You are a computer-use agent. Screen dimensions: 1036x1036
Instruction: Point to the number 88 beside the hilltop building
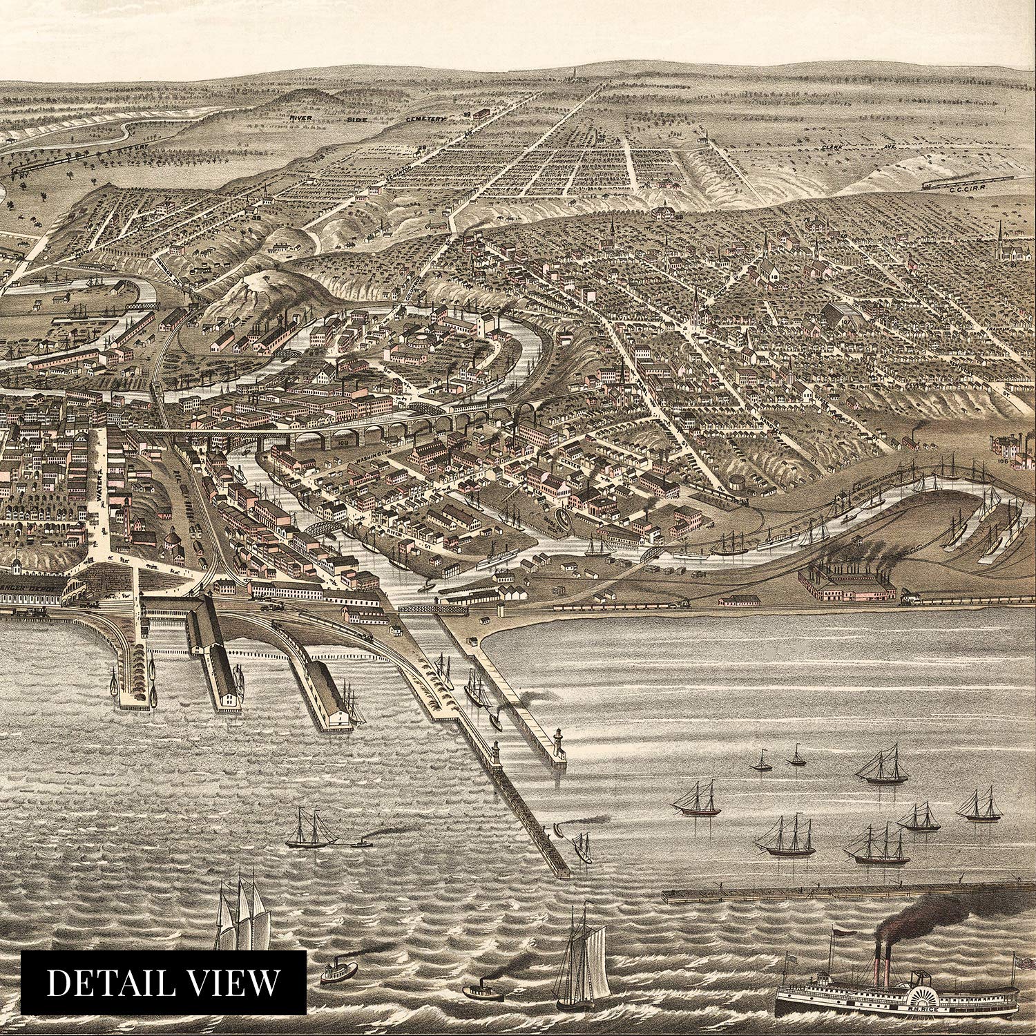[x=678, y=218]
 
